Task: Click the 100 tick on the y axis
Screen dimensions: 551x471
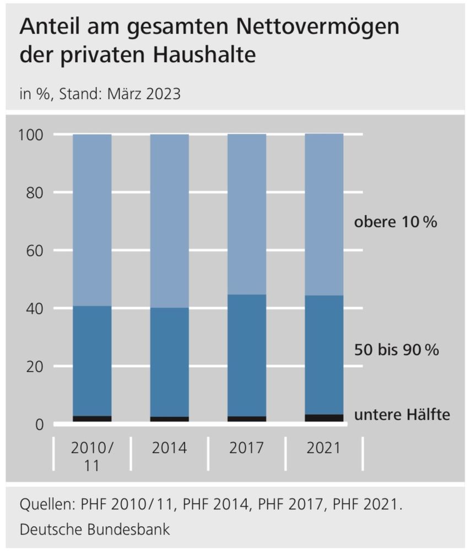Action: point(37,135)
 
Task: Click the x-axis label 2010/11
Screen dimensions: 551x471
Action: point(92,456)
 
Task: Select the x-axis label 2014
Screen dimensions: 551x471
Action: point(169,447)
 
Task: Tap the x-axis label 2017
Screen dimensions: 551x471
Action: point(246,447)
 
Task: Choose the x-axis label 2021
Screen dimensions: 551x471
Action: point(323,447)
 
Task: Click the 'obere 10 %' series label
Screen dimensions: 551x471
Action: point(395,222)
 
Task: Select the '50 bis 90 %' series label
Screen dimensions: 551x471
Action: point(396,350)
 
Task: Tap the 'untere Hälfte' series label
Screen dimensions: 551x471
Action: point(402,414)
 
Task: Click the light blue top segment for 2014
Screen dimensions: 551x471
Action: point(169,221)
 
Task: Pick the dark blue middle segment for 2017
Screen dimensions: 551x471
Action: point(246,355)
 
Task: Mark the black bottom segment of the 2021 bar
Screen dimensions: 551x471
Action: point(323,418)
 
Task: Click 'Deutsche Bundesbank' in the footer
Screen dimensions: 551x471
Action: point(95,530)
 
